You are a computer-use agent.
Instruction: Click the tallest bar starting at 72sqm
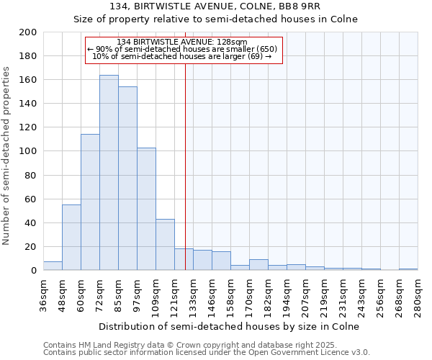pyautogui.click(x=109, y=173)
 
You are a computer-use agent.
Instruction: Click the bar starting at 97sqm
pyautogui.click(x=146, y=209)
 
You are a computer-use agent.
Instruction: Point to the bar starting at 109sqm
pyautogui.click(x=165, y=245)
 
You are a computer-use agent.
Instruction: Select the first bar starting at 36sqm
pyautogui.click(x=53, y=266)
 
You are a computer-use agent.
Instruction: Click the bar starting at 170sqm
pyautogui.click(x=258, y=265)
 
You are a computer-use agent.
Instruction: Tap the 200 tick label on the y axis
pyautogui.click(x=28, y=32)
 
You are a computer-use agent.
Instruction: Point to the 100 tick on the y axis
pyautogui.click(x=28, y=151)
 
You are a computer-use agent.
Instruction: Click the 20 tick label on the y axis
pyautogui.click(x=31, y=247)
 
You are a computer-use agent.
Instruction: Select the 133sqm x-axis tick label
pyautogui.click(x=193, y=296)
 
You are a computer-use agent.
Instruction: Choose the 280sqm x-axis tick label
pyautogui.click(x=418, y=296)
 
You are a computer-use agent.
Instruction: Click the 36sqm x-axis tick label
pyautogui.click(x=43, y=294)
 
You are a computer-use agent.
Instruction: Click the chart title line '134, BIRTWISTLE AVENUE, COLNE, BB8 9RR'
pyautogui.click(x=215, y=7)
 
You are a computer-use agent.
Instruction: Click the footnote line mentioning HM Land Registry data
pyautogui.click(x=194, y=345)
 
